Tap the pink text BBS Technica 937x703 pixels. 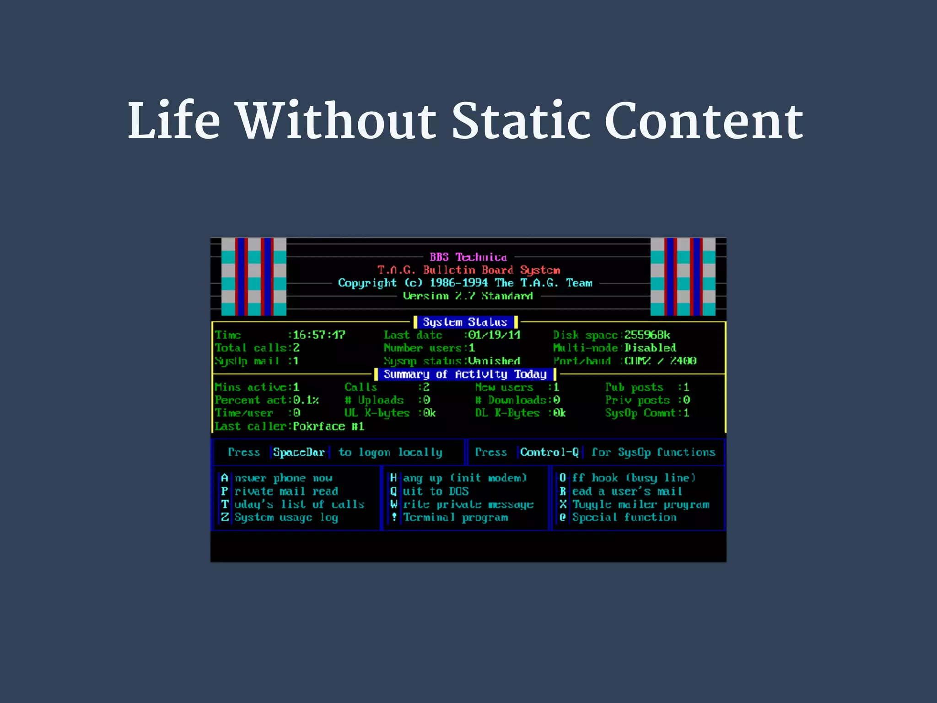[x=468, y=257]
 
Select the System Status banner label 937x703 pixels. [x=465, y=322]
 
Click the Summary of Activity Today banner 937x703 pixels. [x=465, y=374]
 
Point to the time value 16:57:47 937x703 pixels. [x=319, y=335]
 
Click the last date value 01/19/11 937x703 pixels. [x=494, y=335]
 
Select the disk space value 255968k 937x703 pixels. [x=647, y=335]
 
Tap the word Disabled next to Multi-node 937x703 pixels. [x=650, y=348]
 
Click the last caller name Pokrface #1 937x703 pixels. [x=328, y=426]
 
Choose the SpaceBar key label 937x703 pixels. [x=299, y=452]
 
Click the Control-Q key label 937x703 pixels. [x=549, y=452]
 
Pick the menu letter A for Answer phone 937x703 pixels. [x=224, y=478]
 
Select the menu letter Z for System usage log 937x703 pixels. [x=224, y=517]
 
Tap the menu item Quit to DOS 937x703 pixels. [x=430, y=491]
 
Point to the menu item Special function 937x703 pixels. [x=624, y=517]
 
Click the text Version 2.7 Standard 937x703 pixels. [x=468, y=296]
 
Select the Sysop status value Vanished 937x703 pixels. [x=494, y=361]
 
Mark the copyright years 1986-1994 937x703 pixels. [x=458, y=283]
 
